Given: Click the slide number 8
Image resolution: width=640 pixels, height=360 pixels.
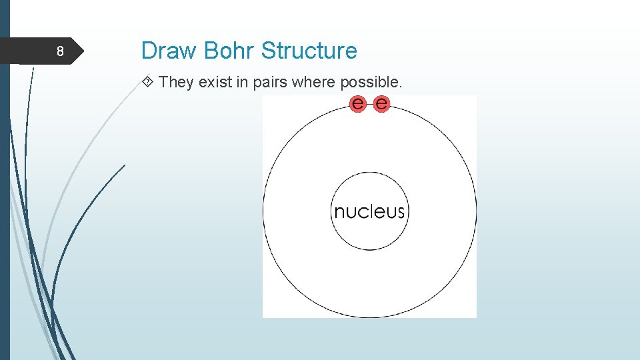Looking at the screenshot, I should click(60, 51).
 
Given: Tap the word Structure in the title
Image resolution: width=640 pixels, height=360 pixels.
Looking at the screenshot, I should click(309, 51).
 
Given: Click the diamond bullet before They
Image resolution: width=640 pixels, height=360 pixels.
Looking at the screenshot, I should click(149, 83).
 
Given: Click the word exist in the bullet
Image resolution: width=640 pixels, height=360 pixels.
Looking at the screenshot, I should click(213, 83).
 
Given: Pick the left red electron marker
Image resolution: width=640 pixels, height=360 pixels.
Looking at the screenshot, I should click(359, 103).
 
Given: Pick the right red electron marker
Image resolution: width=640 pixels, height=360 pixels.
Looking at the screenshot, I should click(381, 103).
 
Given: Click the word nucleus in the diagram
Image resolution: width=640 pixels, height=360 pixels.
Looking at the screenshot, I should click(369, 212).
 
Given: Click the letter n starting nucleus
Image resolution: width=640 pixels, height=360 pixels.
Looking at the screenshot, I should click(339, 213).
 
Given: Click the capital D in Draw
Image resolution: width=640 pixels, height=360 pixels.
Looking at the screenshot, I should click(149, 51).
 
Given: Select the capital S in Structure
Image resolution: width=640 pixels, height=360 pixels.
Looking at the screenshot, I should click(268, 51).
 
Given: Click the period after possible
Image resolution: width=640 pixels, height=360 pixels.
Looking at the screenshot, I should click(400, 86).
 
